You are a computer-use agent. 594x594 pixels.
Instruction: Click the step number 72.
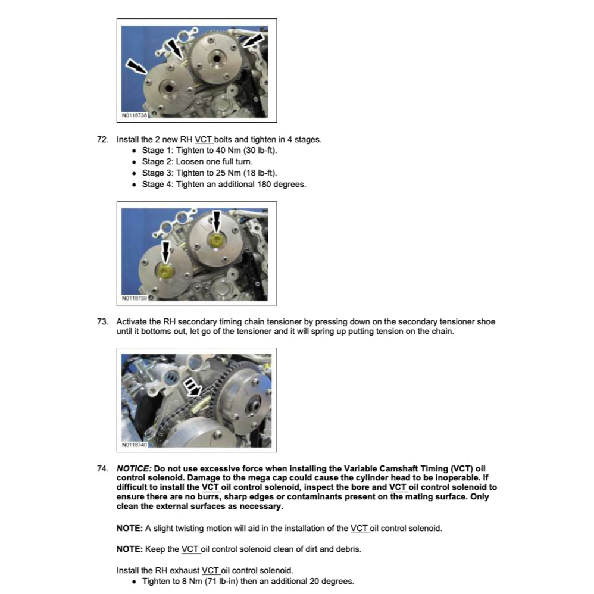(102, 140)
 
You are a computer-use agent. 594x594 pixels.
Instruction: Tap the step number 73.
(102, 322)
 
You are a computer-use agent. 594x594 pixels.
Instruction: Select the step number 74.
(102, 468)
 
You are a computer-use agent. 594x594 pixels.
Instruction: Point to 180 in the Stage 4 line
(264, 185)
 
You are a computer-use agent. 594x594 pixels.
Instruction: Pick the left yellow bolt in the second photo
(165, 270)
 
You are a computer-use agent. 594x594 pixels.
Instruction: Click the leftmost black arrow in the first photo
(136, 67)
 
